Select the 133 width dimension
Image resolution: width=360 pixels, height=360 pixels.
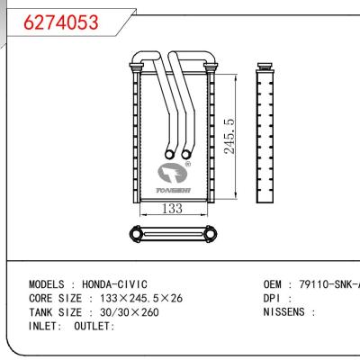pyautogui.click(x=174, y=210)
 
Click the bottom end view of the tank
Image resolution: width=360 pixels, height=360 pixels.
pyautogui.click(x=174, y=235)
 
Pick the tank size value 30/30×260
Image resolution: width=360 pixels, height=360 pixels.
pyautogui.click(x=122, y=310)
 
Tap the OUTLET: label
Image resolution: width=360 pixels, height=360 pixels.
pyautogui.click(x=90, y=325)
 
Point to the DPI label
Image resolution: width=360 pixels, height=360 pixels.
pyautogui.click(x=272, y=297)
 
